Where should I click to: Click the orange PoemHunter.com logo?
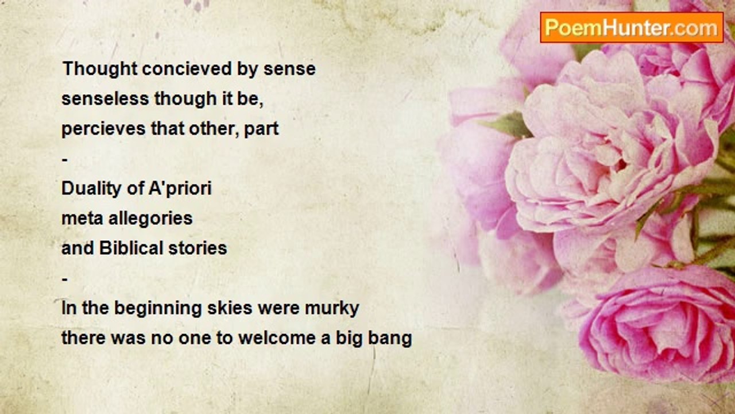tap(632, 28)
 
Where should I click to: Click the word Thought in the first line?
tap(100, 70)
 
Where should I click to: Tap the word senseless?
tap(105, 98)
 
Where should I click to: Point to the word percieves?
tap(103, 129)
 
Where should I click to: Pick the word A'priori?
tap(180, 189)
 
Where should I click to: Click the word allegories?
tap(150, 219)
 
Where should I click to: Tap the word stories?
tap(198, 248)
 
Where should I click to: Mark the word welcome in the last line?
tap(277, 338)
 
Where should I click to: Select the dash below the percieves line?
tap(65, 160)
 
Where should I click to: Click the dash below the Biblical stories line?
tap(65, 279)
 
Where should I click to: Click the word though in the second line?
tap(185, 99)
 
